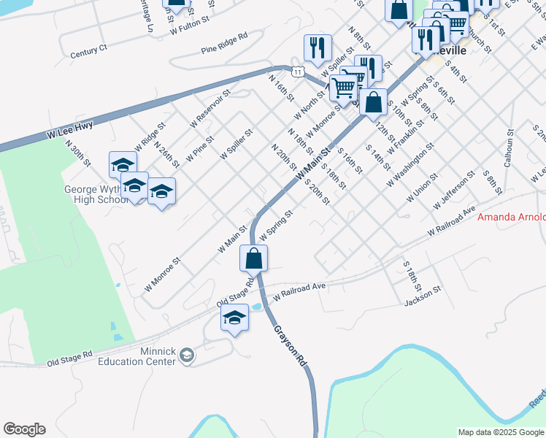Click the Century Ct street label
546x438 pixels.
[x=89, y=52]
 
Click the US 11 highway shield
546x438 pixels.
[x=297, y=71]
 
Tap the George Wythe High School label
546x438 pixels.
[x=96, y=195]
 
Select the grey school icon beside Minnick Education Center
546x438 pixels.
[x=187, y=356]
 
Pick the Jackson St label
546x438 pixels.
[x=423, y=290]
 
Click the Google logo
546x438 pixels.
[x=24, y=429]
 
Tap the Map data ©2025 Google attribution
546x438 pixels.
[x=501, y=432]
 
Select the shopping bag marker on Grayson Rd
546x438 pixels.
[x=253, y=258]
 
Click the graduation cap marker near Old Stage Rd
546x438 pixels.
[x=234, y=318]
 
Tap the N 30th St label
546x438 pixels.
[x=77, y=155]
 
